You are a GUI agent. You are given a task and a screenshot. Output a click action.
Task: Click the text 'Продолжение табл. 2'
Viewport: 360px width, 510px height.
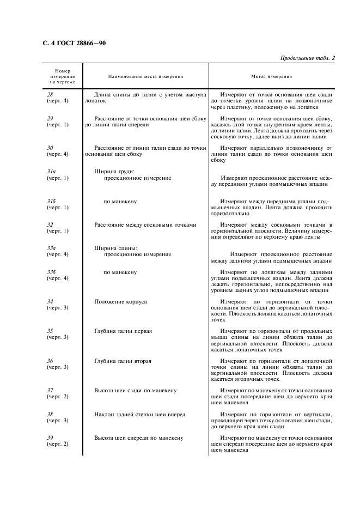coord(308,58)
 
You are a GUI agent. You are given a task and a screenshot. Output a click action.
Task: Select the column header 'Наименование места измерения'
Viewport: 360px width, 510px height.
coord(145,77)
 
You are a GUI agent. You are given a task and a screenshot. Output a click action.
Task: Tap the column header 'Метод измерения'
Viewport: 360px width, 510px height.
coord(271,77)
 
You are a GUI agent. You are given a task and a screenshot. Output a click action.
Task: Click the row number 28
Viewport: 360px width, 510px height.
coord(50,95)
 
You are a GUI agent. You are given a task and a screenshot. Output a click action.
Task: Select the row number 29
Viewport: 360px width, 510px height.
coord(50,118)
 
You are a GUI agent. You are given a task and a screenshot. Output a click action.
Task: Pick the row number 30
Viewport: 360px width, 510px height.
coord(50,148)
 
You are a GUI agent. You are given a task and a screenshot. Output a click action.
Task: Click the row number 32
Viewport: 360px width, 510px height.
coord(50,224)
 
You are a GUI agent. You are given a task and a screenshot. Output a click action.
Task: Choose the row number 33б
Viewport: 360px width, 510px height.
coord(51,272)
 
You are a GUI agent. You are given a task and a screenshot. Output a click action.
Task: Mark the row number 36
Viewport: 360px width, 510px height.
coord(50,361)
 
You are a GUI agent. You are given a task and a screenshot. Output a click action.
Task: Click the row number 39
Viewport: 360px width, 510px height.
coord(50,438)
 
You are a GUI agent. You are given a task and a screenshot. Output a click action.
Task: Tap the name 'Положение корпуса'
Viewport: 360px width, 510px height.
coord(120,301)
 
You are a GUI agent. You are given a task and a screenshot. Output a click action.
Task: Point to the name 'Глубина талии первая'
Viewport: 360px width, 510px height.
coord(123,331)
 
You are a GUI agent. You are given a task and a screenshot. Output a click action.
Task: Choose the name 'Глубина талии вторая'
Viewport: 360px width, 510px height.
coord(123,361)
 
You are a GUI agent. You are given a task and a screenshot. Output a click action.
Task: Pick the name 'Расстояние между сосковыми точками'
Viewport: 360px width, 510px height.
coord(145,224)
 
